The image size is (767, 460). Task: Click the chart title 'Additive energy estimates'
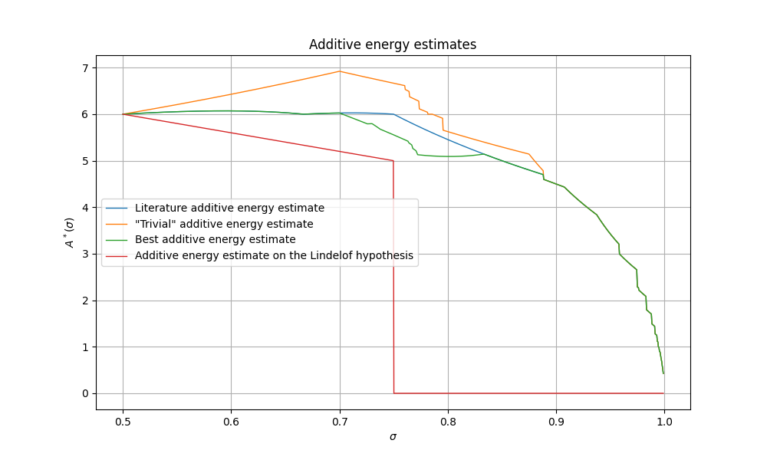pyautogui.click(x=393, y=44)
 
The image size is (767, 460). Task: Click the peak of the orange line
pyautogui.click(x=340, y=71)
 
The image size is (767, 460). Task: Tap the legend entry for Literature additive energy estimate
pyautogui.click(x=229, y=208)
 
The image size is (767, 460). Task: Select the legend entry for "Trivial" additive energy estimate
pyautogui.click(x=224, y=224)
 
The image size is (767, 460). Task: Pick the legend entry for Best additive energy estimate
pyautogui.click(x=215, y=239)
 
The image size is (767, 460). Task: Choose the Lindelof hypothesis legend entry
pyautogui.click(x=274, y=255)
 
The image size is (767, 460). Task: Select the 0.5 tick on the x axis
pyautogui.click(x=123, y=421)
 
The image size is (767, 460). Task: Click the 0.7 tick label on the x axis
pyautogui.click(x=340, y=421)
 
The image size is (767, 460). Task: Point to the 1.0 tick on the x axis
pyautogui.click(x=663, y=421)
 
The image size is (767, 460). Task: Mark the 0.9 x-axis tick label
pyautogui.click(x=555, y=421)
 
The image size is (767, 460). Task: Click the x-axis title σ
pyautogui.click(x=393, y=437)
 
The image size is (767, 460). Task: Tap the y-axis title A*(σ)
pyautogui.click(x=70, y=232)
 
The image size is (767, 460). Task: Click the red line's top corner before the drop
pyautogui.click(x=393, y=160)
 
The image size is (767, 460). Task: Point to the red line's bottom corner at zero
pyautogui.click(x=393, y=393)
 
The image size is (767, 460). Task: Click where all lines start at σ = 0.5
pyautogui.click(x=123, y=114)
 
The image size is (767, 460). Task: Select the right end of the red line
pyautogui.click(x=663, y=393)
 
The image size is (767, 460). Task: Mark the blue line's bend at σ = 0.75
pyautogui.click(x=393, y=114)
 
